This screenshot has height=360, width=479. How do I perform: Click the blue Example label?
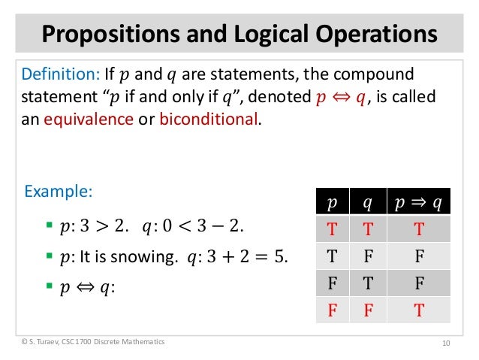pyautogui.click(x=59, y=192)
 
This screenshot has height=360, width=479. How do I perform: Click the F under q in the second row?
pyautogui.click(x=368, y=257)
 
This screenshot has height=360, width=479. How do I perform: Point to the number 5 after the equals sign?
pyautogui.click(x=280, y=257)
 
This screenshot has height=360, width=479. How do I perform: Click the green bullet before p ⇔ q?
pyautogui.click(x=49, y=286)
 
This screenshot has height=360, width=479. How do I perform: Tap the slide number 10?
pyautogui.click(x=446, y=343)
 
